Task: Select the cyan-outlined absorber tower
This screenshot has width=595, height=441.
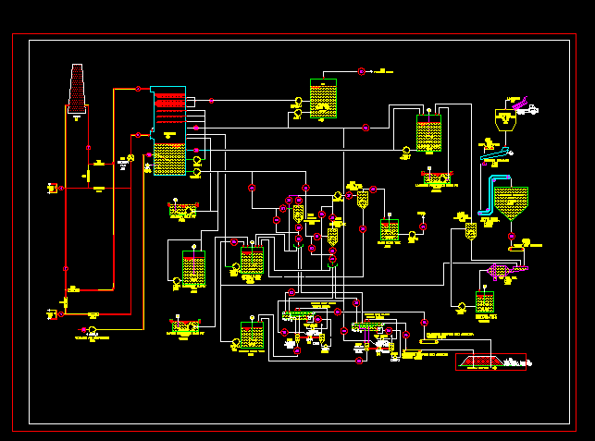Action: [167, 131]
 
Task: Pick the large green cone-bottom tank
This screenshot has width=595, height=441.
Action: [511, 202]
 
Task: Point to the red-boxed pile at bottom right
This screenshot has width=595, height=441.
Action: [490, 362]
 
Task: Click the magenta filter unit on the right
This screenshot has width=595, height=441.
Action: [505, 273]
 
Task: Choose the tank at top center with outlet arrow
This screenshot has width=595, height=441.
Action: [323, 99]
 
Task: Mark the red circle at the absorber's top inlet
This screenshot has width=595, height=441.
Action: [138, 89]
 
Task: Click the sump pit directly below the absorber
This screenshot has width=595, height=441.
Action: [181, 212]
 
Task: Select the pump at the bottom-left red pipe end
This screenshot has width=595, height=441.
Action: [92, 330]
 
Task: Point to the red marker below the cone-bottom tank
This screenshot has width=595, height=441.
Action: [510, 237]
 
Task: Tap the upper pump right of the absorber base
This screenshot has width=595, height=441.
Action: [196, 161]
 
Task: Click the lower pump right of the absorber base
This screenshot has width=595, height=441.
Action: [196, 171]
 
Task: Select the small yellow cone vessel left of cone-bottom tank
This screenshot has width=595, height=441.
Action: [470, 230]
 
